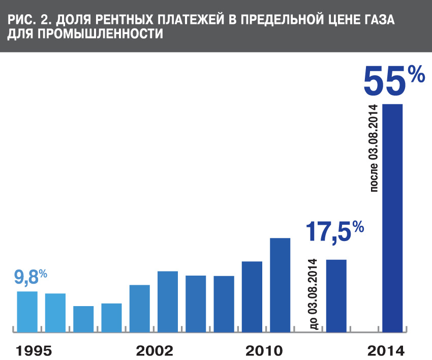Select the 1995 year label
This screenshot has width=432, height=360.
point(35,350)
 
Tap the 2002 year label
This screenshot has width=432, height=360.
point(155,350)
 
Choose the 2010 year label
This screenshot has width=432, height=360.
point(264,350)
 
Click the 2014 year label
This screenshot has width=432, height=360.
point(386,350)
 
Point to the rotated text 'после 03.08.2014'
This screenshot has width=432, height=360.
point(374,148)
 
